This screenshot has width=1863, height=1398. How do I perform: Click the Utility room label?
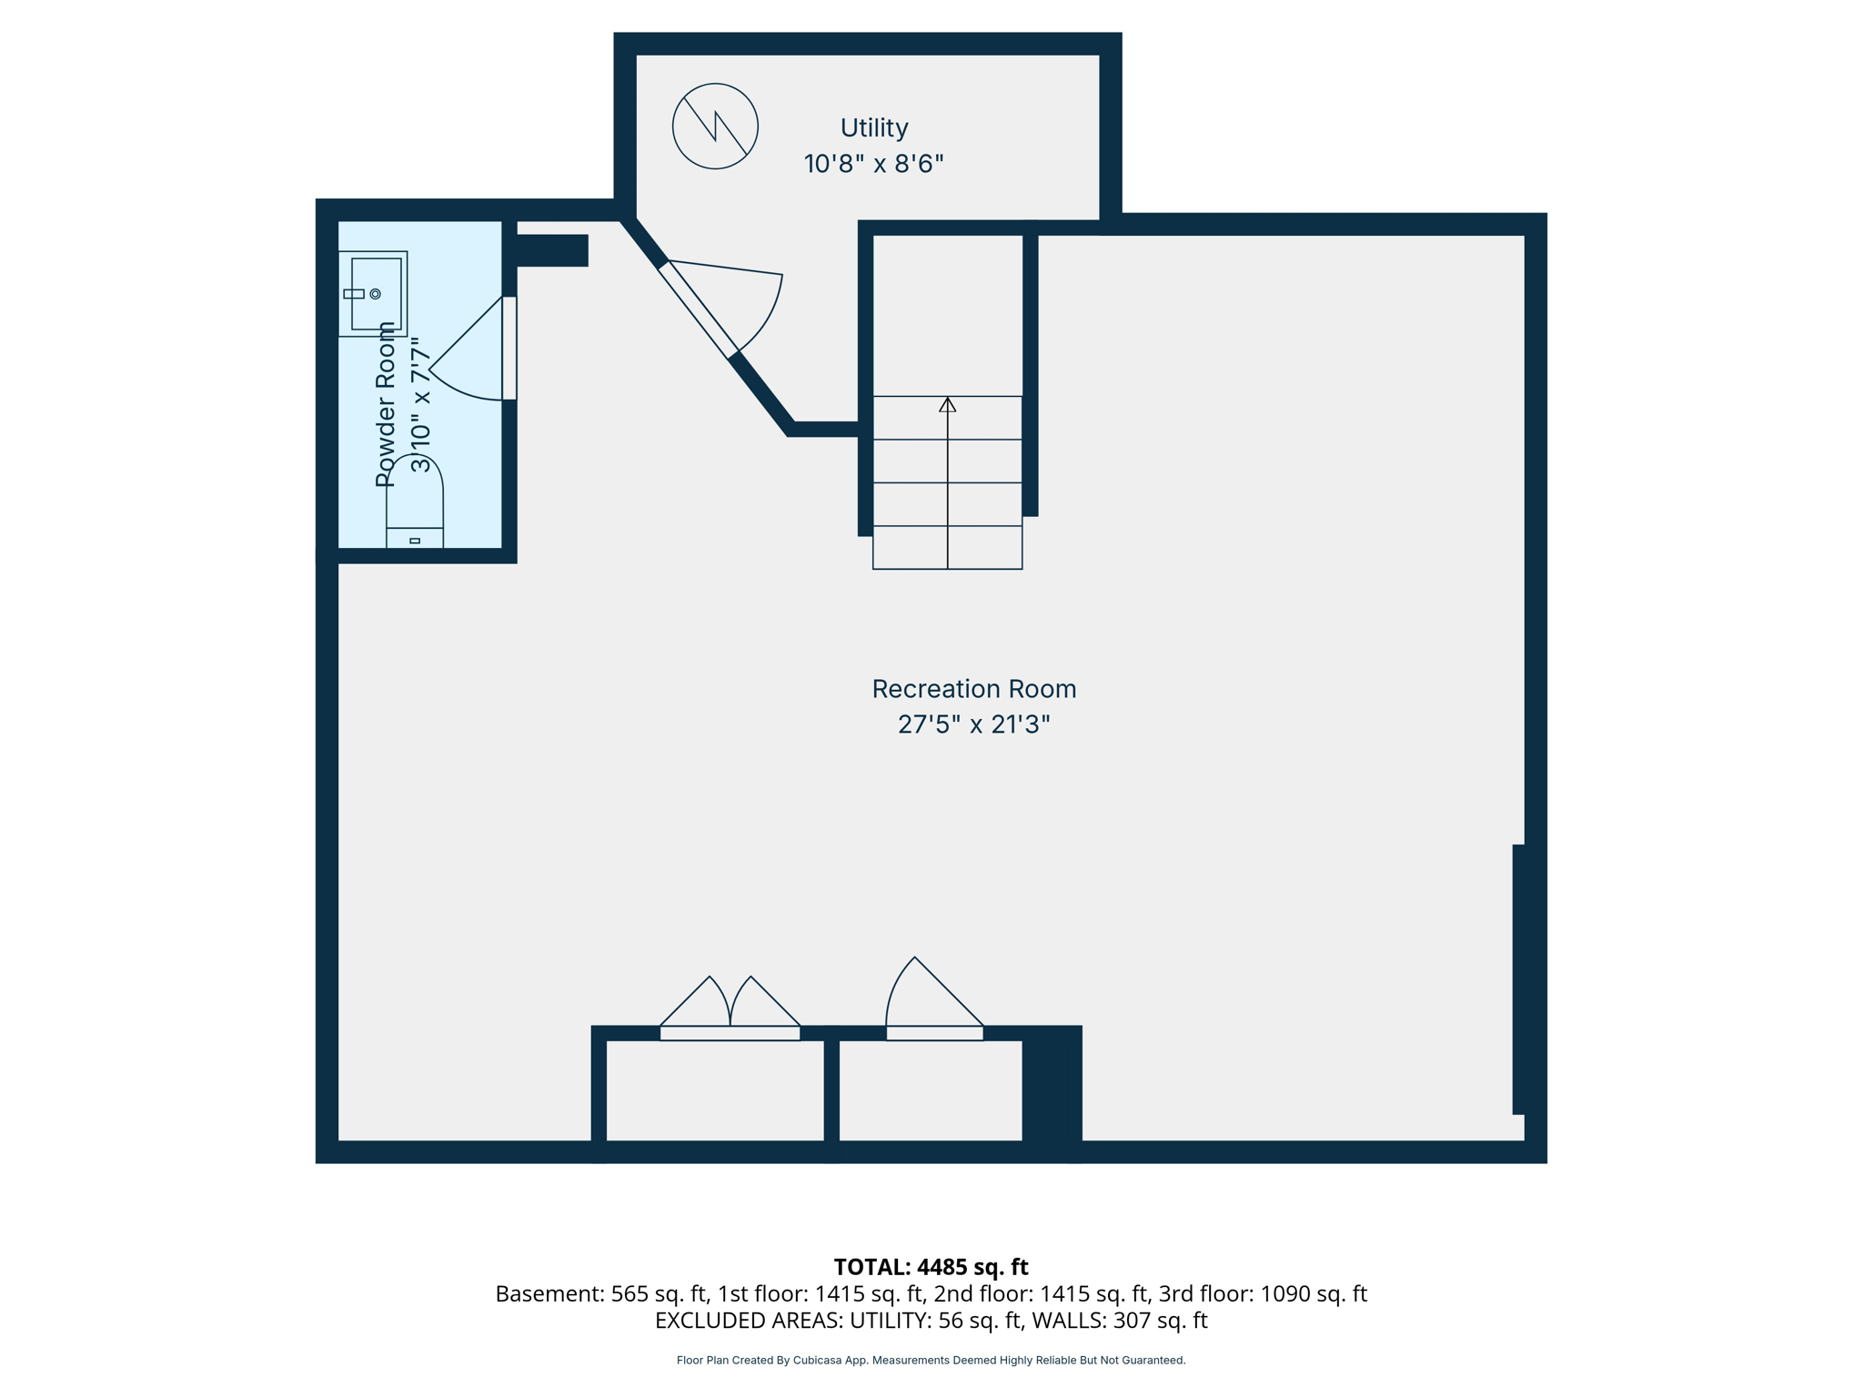click(873, 127)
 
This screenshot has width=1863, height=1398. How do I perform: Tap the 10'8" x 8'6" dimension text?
click(873, 164)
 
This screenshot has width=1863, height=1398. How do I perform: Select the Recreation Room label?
click(973, 689)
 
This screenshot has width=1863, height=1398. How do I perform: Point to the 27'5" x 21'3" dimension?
click(973, 724)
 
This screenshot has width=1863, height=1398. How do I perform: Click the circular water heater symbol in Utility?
click(715, 127)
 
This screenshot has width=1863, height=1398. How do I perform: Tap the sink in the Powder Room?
click(373, 293)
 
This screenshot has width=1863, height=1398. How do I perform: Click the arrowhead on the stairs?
click(947, 405)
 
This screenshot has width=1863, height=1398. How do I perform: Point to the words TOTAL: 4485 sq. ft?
click(931, 1267)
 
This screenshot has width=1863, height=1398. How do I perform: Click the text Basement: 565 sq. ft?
click(601, 1293)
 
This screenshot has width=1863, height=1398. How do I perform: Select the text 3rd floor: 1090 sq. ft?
click(1262, 1293)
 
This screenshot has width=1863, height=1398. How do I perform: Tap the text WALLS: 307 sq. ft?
click(1123, 1321)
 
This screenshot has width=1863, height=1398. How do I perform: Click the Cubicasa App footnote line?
click(931, 1361)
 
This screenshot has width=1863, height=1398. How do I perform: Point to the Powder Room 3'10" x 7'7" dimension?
click(419, 405)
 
